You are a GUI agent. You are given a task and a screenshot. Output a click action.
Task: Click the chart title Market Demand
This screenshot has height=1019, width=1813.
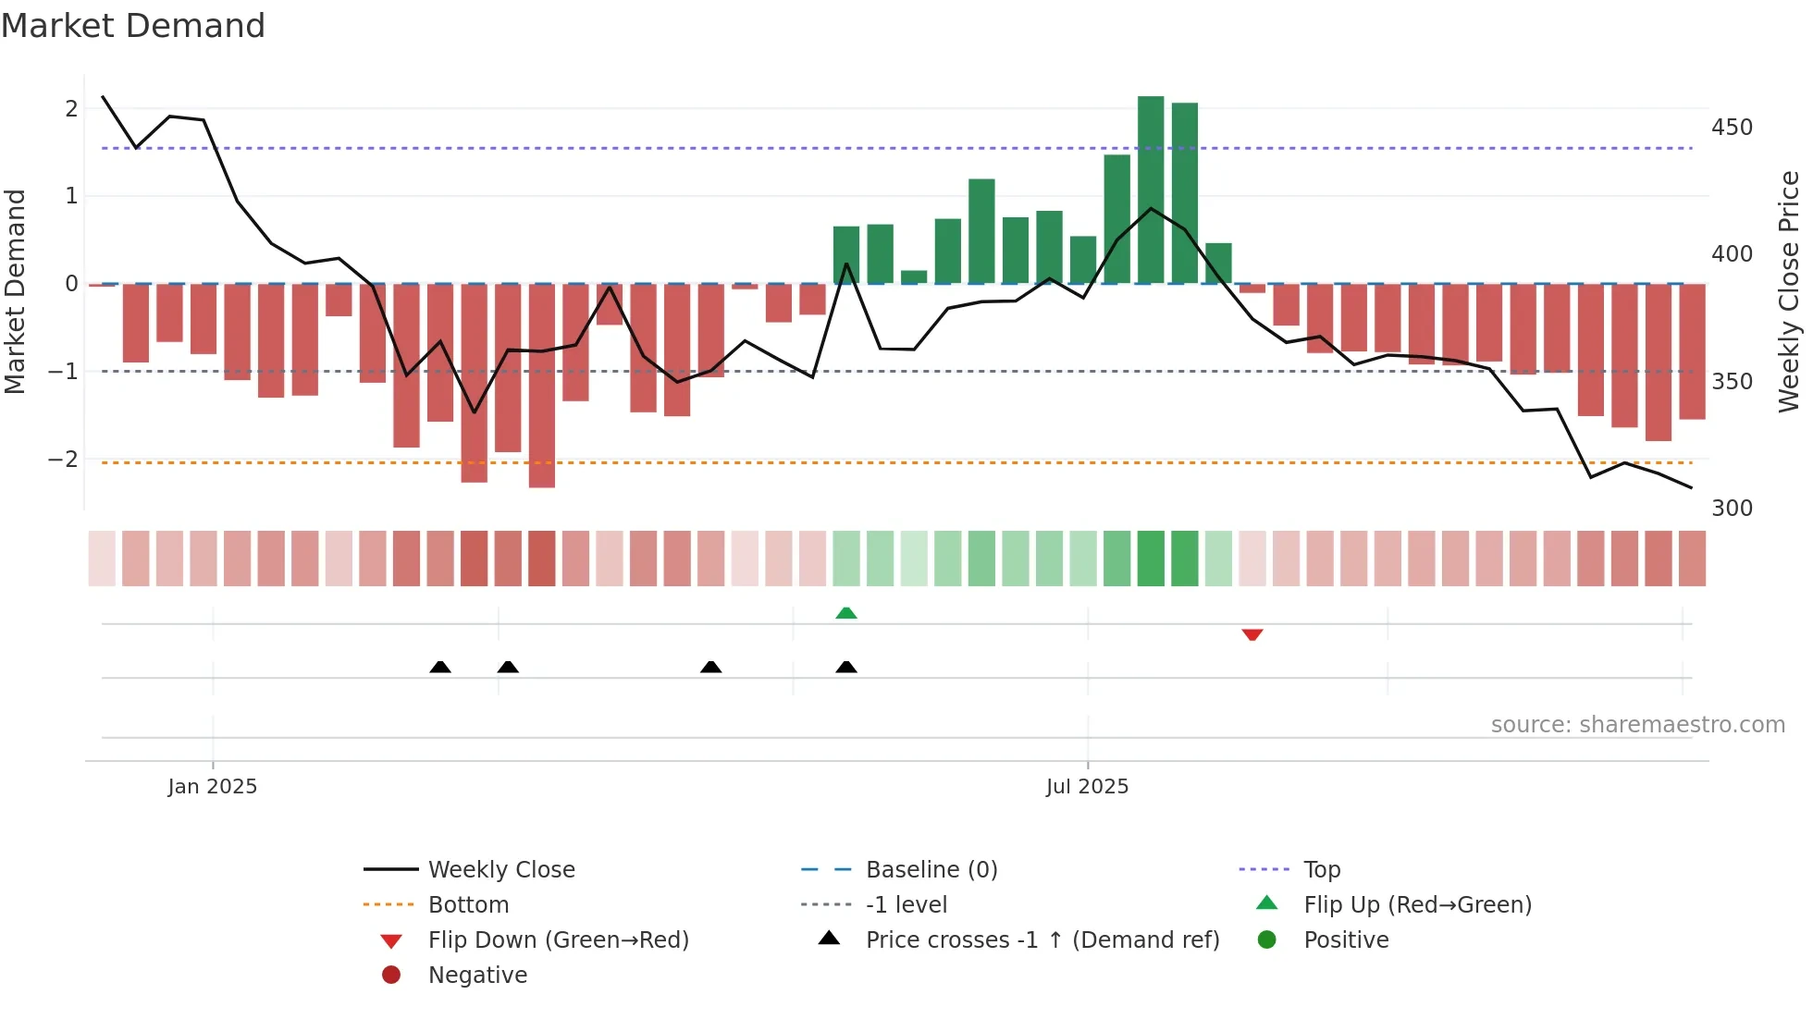(x=133, y=26)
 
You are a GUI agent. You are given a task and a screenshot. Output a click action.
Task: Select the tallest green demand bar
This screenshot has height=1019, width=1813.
(x=1150, y=190)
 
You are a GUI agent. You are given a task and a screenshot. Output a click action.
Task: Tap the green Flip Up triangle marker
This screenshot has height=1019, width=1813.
(x=845, y=613)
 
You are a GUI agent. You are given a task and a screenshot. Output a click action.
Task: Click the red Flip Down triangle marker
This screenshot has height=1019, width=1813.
(x=1252, y=634)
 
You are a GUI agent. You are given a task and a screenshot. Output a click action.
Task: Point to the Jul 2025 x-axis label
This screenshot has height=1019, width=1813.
(x=1087, y=787)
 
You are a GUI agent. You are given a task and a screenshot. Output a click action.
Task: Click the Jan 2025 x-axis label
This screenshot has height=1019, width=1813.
(x=212, y=787)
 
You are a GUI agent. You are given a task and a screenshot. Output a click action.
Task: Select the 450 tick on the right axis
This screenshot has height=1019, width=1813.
(x=1731, y=128)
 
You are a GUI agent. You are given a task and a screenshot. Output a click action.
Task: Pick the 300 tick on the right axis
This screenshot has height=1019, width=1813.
(x=1731, y=509)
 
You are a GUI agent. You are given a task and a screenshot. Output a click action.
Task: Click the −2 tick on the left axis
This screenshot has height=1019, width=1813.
(x=64, y=460)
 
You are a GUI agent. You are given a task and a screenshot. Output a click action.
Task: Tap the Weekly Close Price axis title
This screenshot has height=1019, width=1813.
(x=1789, y=291)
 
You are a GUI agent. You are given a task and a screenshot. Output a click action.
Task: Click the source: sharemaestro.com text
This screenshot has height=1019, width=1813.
(x=1637, y=725)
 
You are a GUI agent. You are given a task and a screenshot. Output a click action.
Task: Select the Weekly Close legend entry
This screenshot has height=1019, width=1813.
(x=500, y=870)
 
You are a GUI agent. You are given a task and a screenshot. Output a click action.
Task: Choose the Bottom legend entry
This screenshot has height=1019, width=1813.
(x=468, y=905)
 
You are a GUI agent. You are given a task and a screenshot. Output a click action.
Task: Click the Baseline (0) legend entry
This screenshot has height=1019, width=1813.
(x=931, y=870)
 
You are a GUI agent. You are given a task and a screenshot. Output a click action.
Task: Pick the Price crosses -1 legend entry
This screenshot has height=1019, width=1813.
(x=1042, y=940)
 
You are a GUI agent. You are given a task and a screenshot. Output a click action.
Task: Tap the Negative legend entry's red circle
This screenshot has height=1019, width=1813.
(x=391, y=975)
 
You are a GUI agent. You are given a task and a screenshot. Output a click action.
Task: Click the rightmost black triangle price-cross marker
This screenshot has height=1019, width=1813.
(x=845, y=667)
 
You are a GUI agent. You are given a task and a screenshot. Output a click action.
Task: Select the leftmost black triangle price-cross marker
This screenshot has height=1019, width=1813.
(x=440, y=667)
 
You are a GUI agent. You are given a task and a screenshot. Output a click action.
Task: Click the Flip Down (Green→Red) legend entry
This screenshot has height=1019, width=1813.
(x=558, y=940)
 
